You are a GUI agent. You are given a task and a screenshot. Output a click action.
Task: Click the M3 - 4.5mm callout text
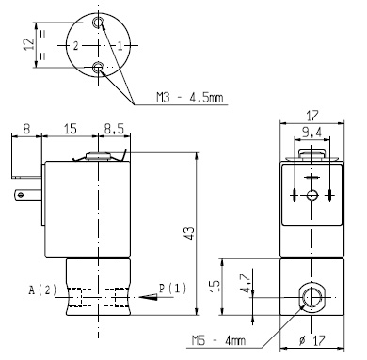pos(190,98)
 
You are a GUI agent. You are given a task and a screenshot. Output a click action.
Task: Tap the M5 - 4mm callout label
pos(218,340)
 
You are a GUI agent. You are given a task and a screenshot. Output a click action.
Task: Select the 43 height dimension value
pos(189,233)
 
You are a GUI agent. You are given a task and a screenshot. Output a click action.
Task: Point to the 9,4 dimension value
pos(311,133)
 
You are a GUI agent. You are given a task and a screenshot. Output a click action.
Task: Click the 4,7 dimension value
pos(247,283)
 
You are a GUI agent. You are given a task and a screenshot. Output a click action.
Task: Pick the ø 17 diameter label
pos(311,340)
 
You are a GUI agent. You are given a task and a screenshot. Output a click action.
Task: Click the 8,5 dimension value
pos(115,129)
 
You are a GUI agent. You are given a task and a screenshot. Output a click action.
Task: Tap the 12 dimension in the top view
pos(28,44)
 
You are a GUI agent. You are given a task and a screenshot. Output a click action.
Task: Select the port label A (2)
pos(42,290)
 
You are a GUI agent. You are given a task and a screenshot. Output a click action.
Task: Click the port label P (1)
pos(172,288)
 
